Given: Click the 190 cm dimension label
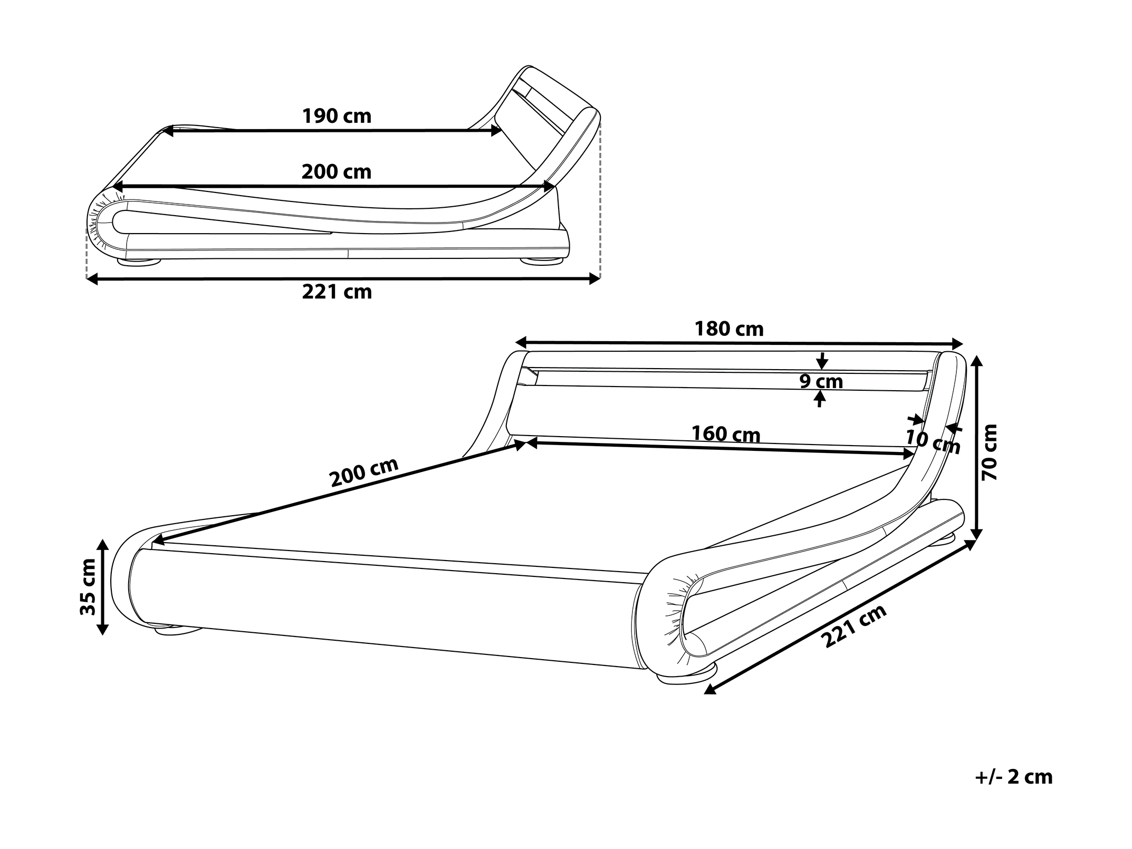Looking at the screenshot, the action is (x=337, y=116).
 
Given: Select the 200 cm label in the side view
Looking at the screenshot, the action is (x=337, y=172).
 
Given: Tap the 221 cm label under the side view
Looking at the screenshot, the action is (x=337, y=292).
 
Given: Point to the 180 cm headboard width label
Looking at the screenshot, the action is (x=729, y=329).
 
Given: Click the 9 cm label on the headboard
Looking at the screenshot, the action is (x=821, y=381).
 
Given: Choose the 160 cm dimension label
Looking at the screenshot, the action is (x=726, y=434).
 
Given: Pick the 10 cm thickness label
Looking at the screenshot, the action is (x=933, y=442).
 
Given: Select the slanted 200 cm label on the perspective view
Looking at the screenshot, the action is (x=363, y=472).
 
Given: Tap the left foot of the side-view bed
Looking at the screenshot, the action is (x=140, y=261).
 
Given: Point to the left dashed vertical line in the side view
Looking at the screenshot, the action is (x=86, y=253).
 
